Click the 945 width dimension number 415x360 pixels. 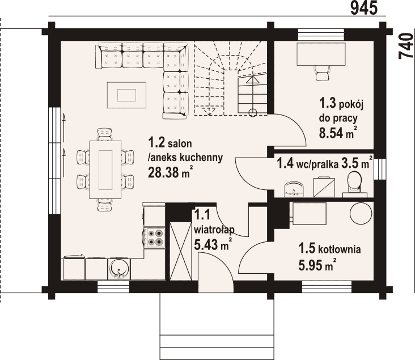click(364, 8)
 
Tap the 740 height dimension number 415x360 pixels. click(406, 46)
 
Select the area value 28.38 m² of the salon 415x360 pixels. click(170, 172)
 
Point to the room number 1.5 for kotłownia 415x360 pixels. click(307, 248)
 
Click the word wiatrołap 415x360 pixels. click(214, 230)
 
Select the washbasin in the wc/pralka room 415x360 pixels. click(294, 189)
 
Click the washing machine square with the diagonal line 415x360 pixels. click(324, 187)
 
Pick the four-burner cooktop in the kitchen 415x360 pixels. click(155, 238)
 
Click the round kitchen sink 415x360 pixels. click(120, 269)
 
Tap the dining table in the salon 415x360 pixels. click(105, 170)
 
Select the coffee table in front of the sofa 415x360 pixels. click(126, 95)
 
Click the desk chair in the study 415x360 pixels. click(321, 73)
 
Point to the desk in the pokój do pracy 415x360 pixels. click(321, 54)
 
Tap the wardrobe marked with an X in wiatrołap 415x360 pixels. click(180, 251)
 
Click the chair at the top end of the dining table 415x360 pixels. click(105, 134)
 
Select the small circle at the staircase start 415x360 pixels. click(253, 113)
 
